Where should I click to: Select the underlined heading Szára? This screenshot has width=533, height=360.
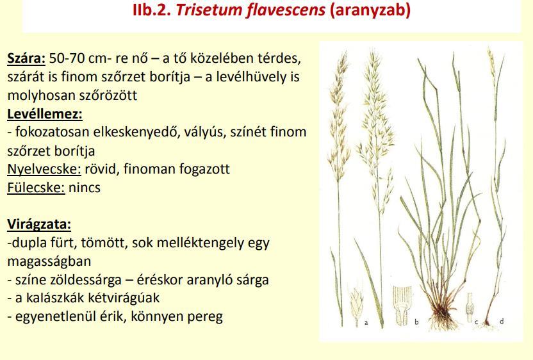pyautogui.click(x=26, y=58)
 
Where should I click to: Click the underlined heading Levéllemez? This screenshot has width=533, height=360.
pyautogui.click(x=45, y=114)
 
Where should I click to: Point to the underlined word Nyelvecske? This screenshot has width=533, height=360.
pyautogui.click(x=44, y=169)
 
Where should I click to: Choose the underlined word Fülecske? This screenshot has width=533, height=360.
pyautogui.click(x=36, y=187)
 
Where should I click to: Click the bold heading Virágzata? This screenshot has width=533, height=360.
pyautogui.click(x=39, y=224)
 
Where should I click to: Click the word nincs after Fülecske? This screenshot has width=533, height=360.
pyautogui.click(x=85, y=188)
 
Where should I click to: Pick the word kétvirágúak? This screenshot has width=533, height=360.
pyautogui.click(x=124, y=298)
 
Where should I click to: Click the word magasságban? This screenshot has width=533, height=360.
pyautogui.click(x=49, y=262)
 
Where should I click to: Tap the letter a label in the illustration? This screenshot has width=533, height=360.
pyautogui.click(x=366, y=322)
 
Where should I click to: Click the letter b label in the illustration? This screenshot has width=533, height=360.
pyautogui.click(x=416, y=322)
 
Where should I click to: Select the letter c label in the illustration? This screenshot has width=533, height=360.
pyautogui.click(x=476, y=322)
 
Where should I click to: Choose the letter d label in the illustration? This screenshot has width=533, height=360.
pyautogui.click(x=502, y=320)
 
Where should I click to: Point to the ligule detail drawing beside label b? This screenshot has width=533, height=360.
pyautogui.click(x=402, y=306)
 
